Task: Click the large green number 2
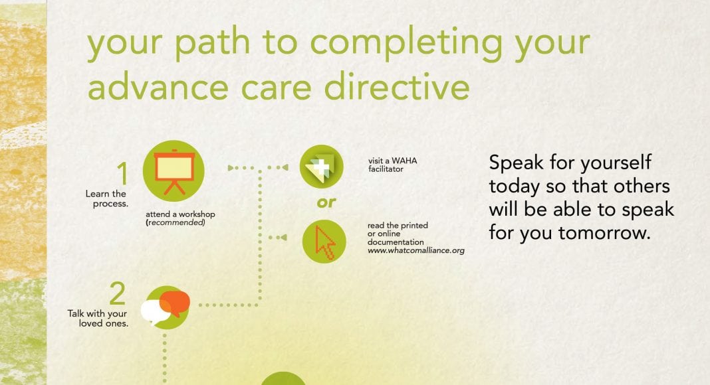click(x=117, y=293)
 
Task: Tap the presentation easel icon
click(x=174, y=171)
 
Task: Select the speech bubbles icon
click(x=166, y=307)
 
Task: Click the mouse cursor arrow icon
click(x=324, y=242)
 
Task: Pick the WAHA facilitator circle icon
click(x=322, y=167)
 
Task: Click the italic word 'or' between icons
click(x=326, y=202)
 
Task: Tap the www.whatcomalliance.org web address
click(x=416, y=250)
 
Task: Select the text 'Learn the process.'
click(x=106, y=199)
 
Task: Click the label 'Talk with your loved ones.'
click(x=97, y=318)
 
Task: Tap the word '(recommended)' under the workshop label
click(x=176, y=223)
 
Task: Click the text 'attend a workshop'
click(x=180, y=214)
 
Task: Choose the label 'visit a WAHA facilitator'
click(x=393, y=165)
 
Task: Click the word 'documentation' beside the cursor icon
click(x=396, y=242)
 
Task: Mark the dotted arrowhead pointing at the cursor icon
click(x=283, y=237)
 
